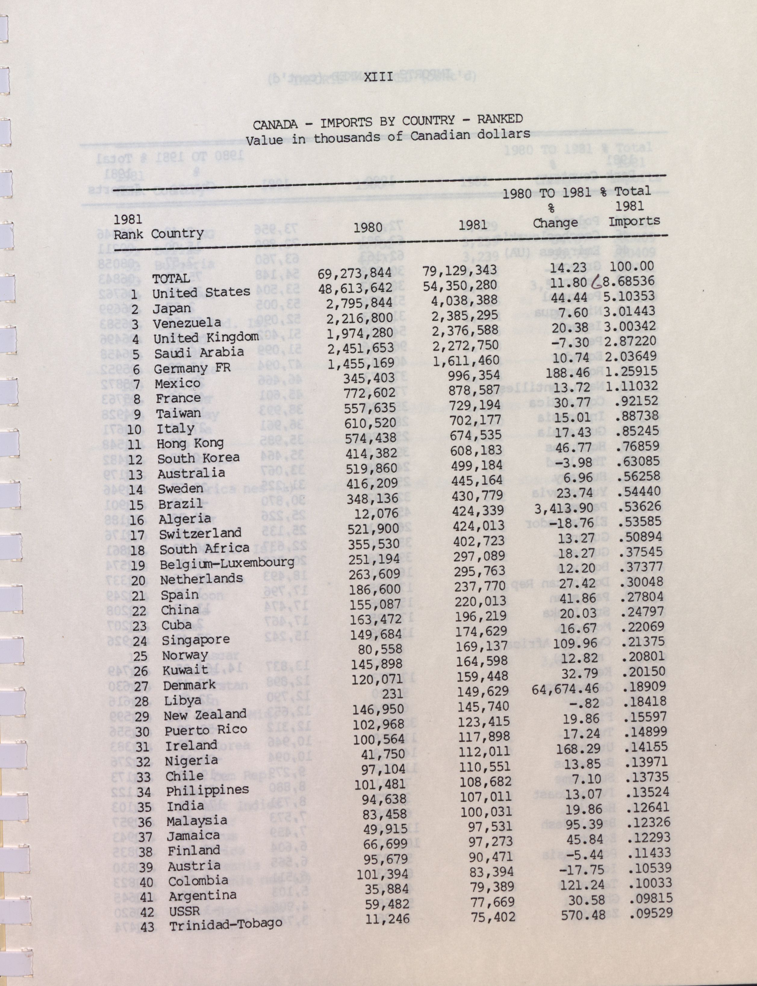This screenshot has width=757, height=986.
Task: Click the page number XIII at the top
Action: (x=378, y=76)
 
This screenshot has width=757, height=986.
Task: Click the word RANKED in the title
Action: (x=500, y=120)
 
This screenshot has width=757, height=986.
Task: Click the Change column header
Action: (x=555, y=223)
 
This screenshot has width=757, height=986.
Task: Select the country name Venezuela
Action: (x=187, y=323)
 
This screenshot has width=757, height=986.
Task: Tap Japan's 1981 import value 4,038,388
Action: (x=464, y=300)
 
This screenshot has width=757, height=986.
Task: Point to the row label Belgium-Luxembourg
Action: (x=227, y=563)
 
